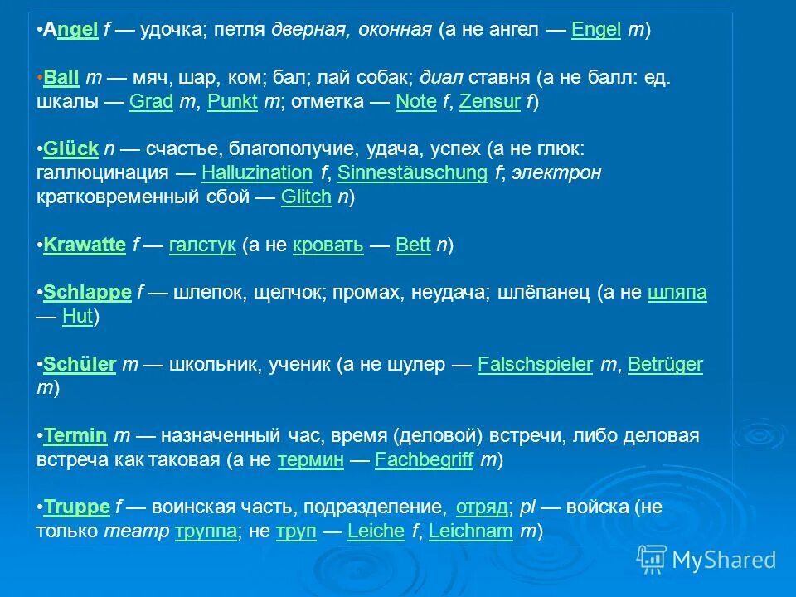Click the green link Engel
596,31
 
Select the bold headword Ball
61,77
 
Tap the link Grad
151,102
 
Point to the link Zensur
489,102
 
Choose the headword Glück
70,148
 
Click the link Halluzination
257,173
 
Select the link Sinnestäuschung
412,173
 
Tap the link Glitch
306,197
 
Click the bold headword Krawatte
84,245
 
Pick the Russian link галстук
202,245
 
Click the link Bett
413,245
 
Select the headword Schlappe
87,292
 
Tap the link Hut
76,317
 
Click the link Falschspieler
535,364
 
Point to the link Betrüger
665,364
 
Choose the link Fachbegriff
424,460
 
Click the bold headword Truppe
76,507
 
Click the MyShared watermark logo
707,560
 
